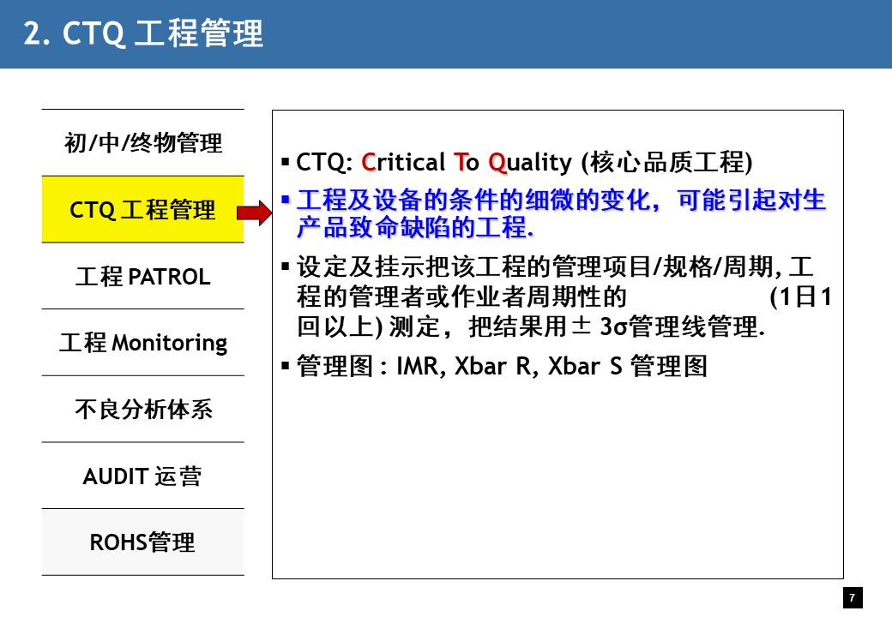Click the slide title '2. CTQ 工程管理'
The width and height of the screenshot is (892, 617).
143,33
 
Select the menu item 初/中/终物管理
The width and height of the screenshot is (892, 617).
142,142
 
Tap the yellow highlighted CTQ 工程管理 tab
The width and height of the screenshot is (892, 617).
142,210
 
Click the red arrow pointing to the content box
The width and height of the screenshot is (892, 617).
254,213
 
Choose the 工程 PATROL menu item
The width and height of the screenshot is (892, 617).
142,276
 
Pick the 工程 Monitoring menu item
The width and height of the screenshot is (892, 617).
142,343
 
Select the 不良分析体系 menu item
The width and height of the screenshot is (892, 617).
143,409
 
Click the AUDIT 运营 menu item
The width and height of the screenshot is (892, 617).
142,476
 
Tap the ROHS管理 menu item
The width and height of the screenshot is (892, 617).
142,542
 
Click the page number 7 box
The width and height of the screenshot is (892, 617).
853,597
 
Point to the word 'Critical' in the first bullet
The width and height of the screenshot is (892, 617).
403,163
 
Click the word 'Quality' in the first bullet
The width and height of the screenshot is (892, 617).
530,163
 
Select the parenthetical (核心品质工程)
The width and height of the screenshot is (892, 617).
666,163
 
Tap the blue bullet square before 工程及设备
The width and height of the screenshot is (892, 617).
286,200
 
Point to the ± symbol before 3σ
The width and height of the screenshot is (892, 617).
581,326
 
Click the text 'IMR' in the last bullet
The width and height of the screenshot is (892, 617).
420,367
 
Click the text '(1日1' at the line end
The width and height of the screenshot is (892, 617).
800,297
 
